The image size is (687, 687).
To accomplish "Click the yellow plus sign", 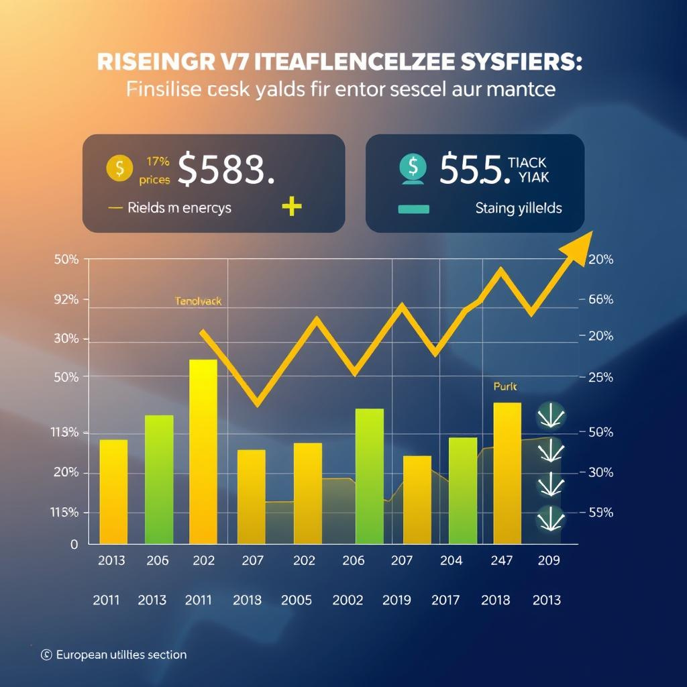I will click(x=291, y=207).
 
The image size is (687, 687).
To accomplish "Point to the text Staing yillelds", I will click(x=519, y=208).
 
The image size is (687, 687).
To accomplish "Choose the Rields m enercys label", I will click(x=179, y=208).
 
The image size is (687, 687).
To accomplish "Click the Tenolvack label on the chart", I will click(x=198, y=302).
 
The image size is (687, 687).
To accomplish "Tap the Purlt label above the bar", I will click(x=505, y=386).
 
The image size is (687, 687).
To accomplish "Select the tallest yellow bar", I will click(x=203, y=451).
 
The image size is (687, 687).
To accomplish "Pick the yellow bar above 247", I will click(x=507, y=472).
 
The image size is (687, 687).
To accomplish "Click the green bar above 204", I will click(x=462, y=490).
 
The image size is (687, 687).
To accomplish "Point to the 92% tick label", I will click(x=66, y=300).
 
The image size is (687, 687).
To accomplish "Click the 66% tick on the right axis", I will click(x=600, y=300).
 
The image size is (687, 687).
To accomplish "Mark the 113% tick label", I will click(x=65, y=433).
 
